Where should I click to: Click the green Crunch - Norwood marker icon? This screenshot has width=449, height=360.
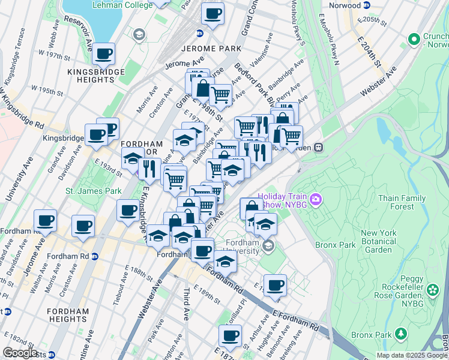coord(413,40)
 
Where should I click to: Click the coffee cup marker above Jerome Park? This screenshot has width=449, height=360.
coord(212,13)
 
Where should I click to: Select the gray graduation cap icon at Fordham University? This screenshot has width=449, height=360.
coord(268,245)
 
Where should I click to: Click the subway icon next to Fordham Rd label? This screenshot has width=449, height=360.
coord(95,256)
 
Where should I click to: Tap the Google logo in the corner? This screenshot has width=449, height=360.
coord(19,353)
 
